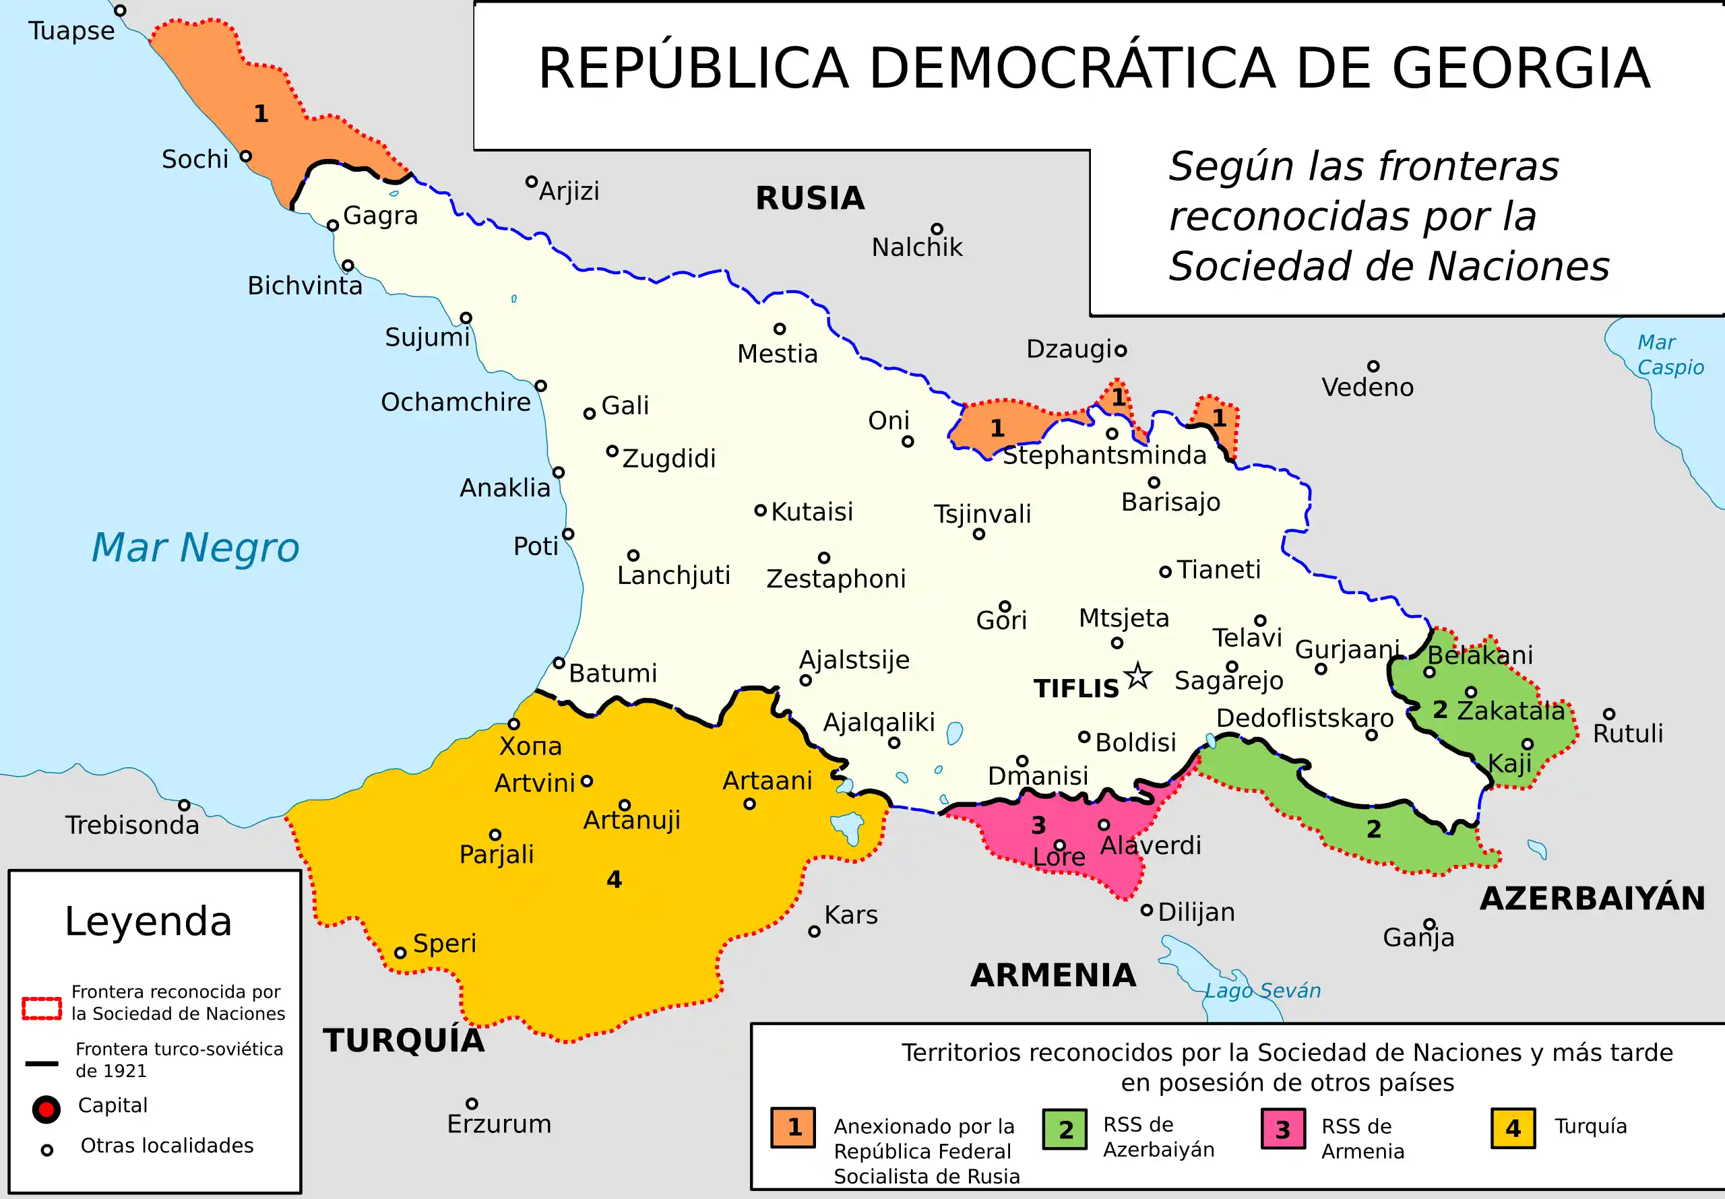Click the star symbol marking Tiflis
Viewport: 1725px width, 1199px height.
(1137, 676)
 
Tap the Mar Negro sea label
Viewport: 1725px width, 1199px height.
(195, 547)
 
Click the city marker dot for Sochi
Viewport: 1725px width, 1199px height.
(246, 156)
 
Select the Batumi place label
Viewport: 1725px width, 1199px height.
(613, 672)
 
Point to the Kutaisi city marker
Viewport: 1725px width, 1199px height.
(760, 511)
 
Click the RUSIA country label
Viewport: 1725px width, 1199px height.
(810, 198)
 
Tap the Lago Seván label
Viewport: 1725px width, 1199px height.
(1262, 990)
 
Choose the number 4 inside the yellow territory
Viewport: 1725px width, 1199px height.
(614, 879)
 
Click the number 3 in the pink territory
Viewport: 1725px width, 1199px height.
(1038, 825)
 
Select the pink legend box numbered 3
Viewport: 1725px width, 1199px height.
(1283, 1128)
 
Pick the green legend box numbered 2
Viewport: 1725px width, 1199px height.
(1065, 1128)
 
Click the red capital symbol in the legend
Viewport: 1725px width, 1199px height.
(46, 1109)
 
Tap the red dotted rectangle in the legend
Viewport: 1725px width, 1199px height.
(41, 1008)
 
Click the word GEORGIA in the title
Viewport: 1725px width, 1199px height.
(1521, 68)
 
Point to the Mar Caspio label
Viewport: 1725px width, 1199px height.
(1669, 354)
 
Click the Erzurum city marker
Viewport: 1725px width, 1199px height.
(472, 1103)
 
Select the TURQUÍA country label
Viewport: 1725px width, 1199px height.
(404, 1041)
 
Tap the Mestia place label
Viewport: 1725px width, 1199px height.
(777, 353)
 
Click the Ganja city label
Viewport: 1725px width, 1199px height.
(1418, 937)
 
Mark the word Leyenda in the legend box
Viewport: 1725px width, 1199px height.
(148, 921)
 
